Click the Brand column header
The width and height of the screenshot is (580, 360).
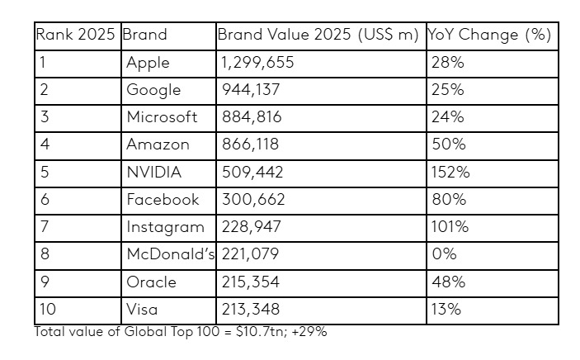click(x=144, y=35)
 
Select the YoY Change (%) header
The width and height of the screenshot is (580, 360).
click(x=488, y=35)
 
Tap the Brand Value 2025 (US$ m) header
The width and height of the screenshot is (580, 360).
click(x=318, y=35)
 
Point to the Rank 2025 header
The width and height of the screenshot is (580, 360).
click(x=77, y=35)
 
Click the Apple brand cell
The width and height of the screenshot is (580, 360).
click(x=148, y=62)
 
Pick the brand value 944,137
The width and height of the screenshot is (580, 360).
click(x=251, y=89)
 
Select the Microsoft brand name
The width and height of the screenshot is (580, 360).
click(x=162, y=116)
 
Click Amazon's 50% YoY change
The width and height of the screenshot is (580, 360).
click(x=448, y=144)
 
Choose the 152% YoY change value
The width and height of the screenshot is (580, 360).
click(x=450, y=172)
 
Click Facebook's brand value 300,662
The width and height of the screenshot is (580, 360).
click(x=252, y=199)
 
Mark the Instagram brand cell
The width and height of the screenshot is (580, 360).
click(x=165, y=226)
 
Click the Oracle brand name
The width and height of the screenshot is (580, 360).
click(x=151, y=282)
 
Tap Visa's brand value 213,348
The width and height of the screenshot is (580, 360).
click(x=251, y=309)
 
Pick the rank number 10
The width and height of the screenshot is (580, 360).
click(x=47, y=309)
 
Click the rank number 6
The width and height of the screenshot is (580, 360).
click(x=45, y=199)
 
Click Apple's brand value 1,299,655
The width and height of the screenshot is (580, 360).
click(x=257, y=62)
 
